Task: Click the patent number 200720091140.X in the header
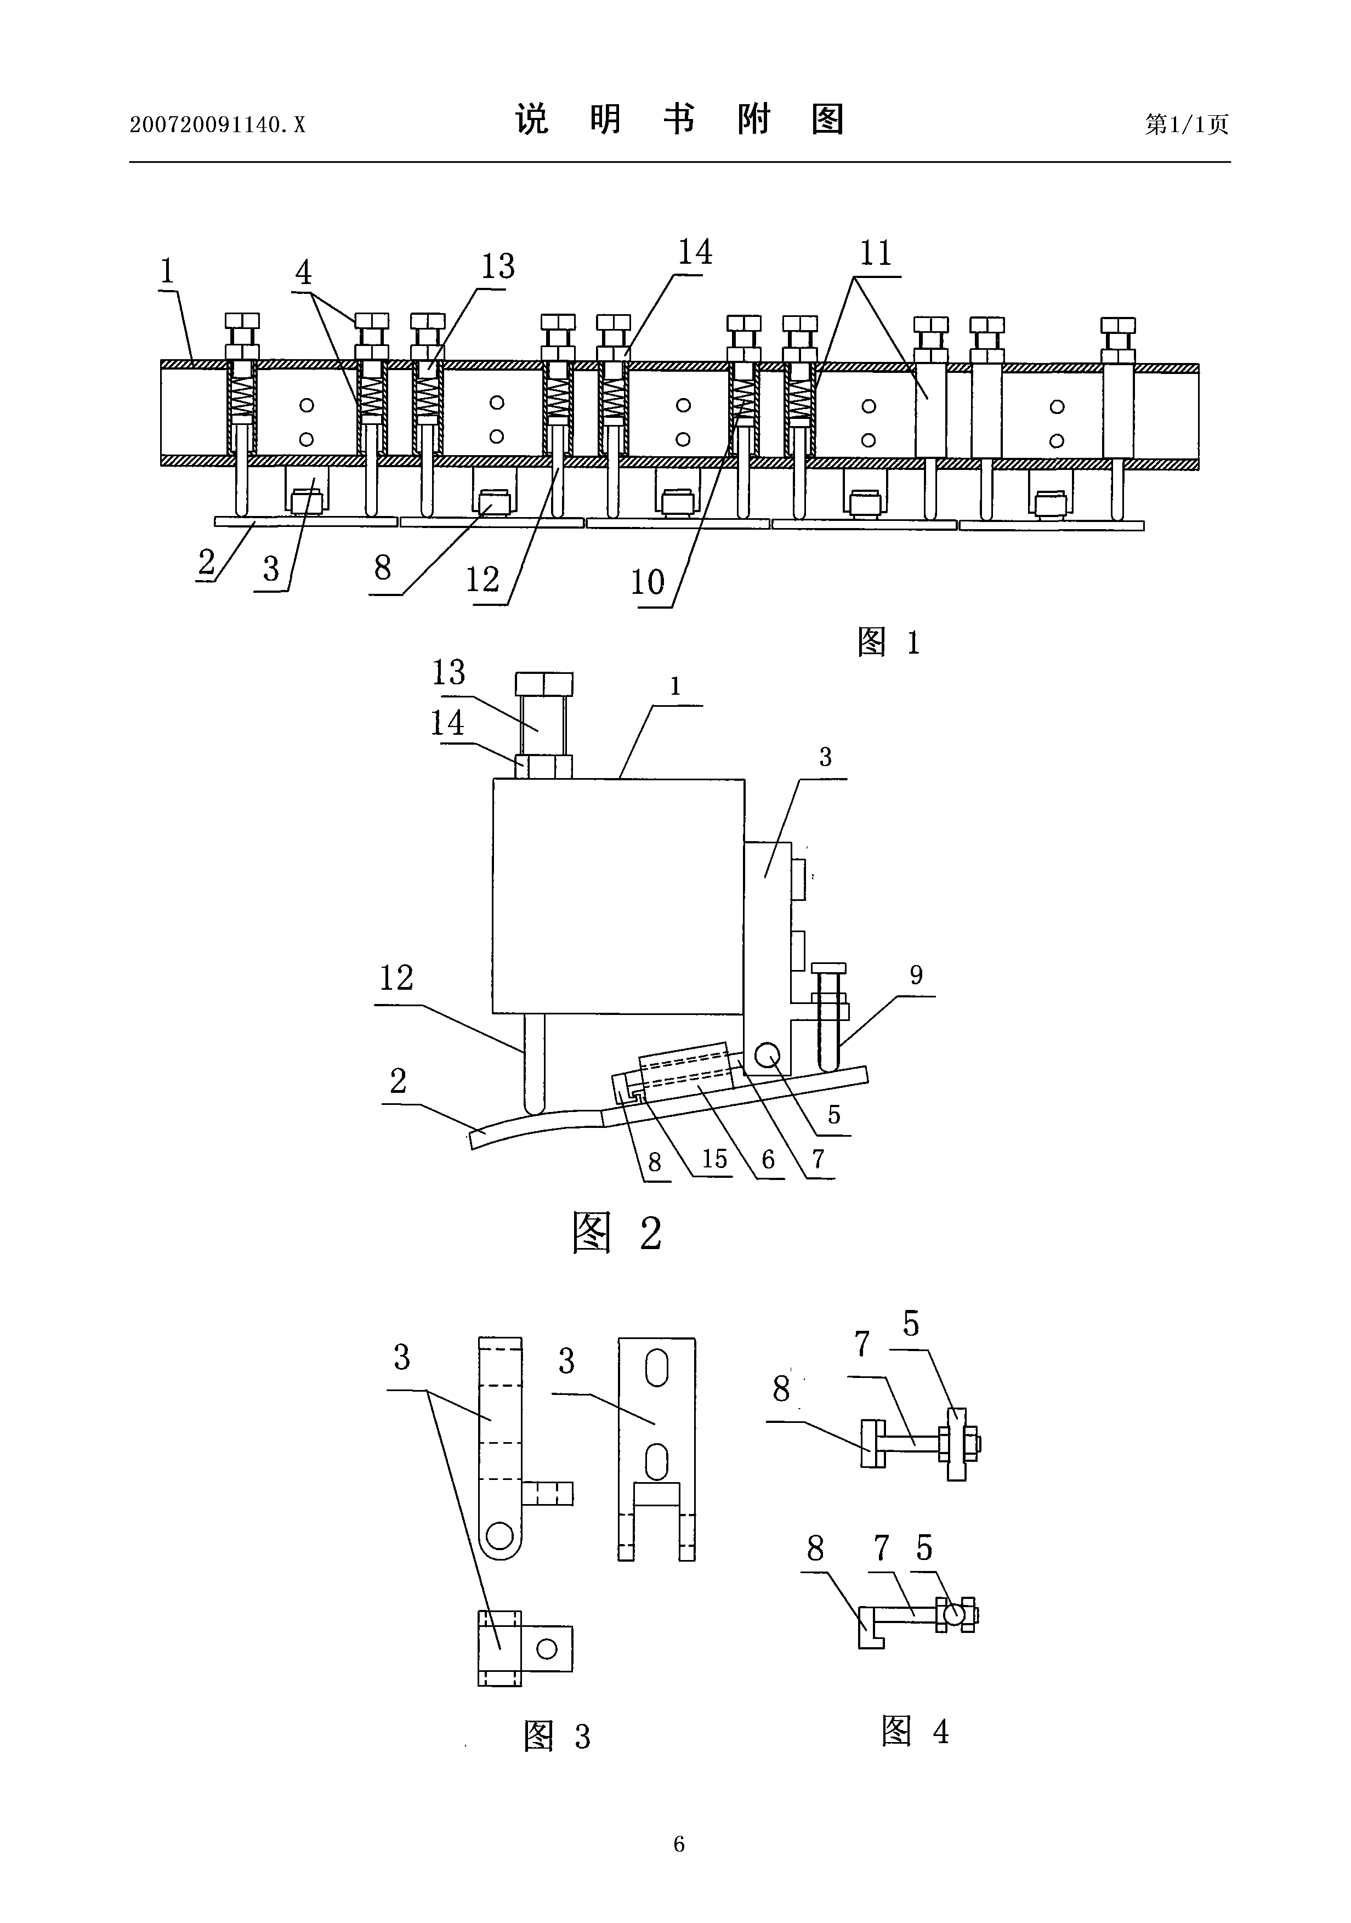point(218,125)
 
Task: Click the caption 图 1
point(889,643)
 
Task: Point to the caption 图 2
point(617,1233)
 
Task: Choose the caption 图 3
point(557,1736)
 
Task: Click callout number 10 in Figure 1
point(648,582)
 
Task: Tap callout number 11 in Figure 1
point(876,253)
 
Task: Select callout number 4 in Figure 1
point(303,272)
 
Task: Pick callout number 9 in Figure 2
point(916,975)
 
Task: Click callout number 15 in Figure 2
point(714,1159)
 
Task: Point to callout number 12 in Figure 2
point(396,978)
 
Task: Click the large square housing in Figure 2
point(618,896)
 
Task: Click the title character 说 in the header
point(532,120)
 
